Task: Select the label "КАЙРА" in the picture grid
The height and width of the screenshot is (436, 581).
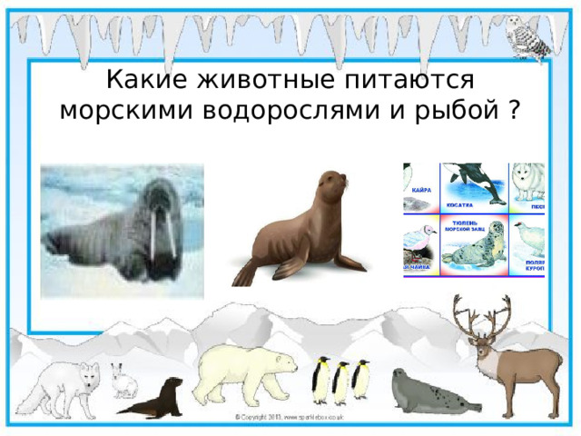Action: click(x=421, y=191)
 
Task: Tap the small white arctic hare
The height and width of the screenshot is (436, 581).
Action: click(x=123, y=381)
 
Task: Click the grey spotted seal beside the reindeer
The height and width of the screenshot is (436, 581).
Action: click(x=427, y=393)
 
